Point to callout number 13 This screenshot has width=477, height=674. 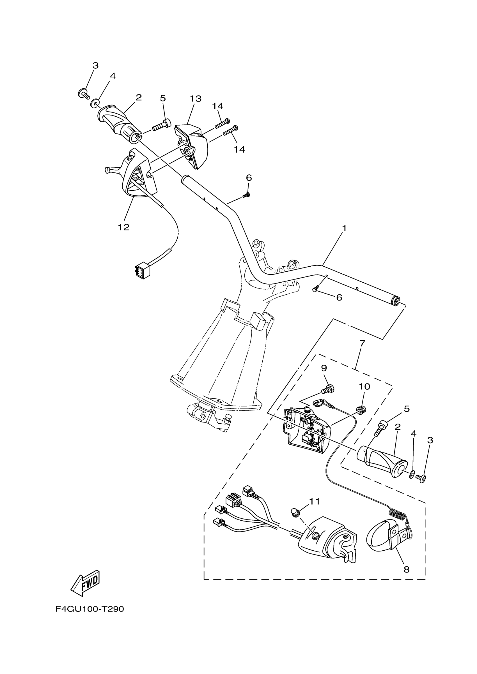(x=195, y=99)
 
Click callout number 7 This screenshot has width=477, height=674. (x=362, y=343)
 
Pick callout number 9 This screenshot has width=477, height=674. (x=324, y=368)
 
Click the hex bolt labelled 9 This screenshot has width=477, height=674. (x=327, y=389)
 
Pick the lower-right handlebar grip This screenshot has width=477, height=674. (x=382, y=461)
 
